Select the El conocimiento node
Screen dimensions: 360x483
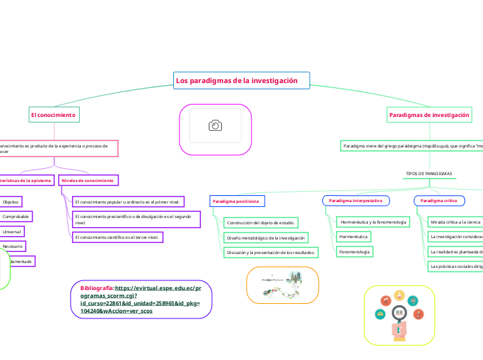(53, 114)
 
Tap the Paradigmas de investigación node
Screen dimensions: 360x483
(429, 114)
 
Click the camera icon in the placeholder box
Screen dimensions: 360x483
(216, 125)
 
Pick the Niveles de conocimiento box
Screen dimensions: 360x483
(88, 180)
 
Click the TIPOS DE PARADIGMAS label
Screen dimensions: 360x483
(428, 173)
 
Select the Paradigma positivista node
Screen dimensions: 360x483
(236, 201)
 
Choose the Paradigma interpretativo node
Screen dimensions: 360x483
(355, 200)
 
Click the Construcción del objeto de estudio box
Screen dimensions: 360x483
(261, 222)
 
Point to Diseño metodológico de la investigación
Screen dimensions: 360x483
(265, 237)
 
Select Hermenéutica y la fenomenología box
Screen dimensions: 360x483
(373, 222)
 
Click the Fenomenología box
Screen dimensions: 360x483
(354, 252)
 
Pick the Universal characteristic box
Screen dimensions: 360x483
(12, 231)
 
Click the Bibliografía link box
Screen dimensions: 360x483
(141, 299)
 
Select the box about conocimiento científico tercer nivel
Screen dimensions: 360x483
(117, 237)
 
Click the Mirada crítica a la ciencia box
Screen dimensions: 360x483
(455, 222)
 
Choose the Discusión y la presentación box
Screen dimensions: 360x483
(271, 253)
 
